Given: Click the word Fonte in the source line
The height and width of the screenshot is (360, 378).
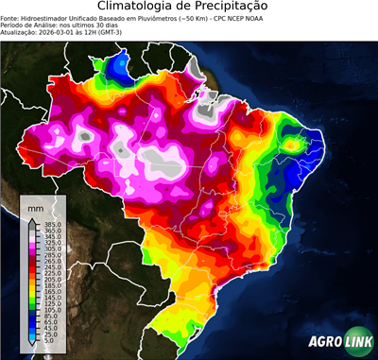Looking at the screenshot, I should (11, 18).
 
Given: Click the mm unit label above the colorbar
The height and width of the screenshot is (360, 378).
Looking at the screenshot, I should (36, 206).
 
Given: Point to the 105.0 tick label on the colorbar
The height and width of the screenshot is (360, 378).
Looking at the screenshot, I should (47, 310).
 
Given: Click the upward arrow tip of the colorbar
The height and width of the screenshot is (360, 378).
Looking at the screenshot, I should (31, 219).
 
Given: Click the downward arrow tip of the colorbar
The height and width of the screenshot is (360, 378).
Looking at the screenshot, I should (31, 347).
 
